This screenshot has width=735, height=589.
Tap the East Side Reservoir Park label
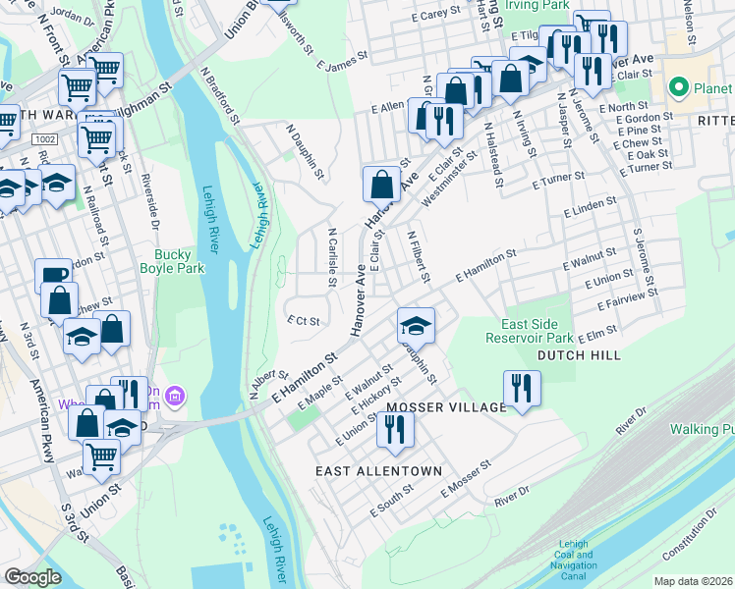coord(529,331)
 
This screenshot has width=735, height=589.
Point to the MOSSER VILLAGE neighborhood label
coord(443,406)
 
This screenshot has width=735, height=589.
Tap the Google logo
coord(32,576)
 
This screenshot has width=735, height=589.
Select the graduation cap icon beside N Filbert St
coord(416,325)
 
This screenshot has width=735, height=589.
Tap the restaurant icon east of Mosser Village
coord(521,387)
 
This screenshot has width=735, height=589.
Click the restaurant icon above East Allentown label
coord(395,427)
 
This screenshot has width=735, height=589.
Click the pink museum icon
coord(176,396)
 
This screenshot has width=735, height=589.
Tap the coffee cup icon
coord(52,276)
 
